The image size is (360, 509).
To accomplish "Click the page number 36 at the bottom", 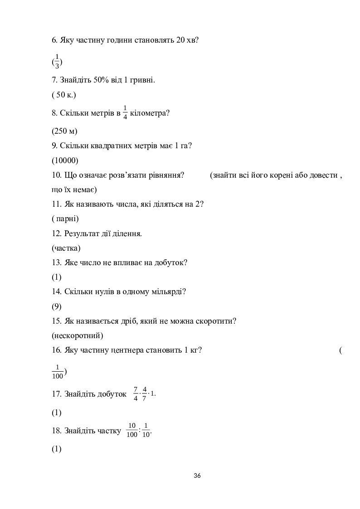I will point(197,475).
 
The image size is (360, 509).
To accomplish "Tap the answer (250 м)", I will point(64,131).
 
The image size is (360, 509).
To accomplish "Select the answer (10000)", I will point(65,160).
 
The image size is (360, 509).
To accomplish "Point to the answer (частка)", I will point(66,248).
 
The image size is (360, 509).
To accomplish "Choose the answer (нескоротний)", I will point(78,336).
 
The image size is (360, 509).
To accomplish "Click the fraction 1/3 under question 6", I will point(57,61).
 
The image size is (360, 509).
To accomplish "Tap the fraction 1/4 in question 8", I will point(125,113).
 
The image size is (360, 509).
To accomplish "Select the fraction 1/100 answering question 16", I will point(58,372).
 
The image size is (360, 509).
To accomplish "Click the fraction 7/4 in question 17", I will point(136,393).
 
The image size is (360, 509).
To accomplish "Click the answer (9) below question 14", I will point(57,306).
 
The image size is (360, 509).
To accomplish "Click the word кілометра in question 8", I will point(150,113).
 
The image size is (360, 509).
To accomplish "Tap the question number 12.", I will point(57,234).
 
